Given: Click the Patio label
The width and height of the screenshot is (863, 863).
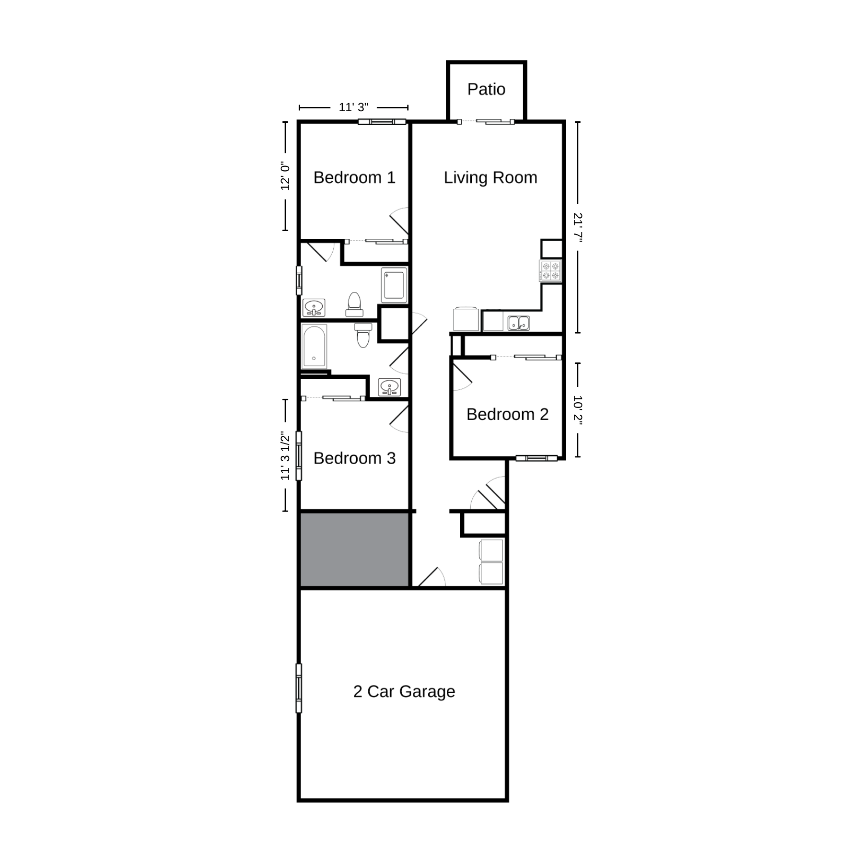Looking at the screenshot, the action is click(x=486, y=89).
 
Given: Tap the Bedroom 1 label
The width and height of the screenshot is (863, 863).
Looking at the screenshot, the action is click(x=354, y=177).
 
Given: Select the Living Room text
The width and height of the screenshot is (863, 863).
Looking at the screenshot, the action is click(x=490, y=177).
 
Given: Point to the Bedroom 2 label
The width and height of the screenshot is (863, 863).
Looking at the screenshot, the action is click(x=507, y=414).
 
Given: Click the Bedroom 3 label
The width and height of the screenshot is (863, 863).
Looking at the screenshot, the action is click(x=354, y=458).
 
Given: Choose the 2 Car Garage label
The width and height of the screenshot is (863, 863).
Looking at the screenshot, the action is click(x=404, y=691).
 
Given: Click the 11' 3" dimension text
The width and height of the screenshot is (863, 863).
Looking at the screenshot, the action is click(x=353, y=107).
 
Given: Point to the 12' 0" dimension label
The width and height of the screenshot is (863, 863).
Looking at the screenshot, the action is click(x=285, y=176).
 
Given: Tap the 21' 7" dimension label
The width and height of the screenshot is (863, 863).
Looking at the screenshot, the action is click(x=578, y=228).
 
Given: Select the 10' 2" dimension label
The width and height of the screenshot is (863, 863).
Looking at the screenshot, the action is click(x=578, y=410).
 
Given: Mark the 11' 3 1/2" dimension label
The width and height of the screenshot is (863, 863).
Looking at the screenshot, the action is click(x=285, y=456).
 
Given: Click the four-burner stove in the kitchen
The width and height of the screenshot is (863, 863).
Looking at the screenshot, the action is click(x=551, y=271).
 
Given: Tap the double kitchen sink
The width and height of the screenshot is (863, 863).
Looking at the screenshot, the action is click(x=519, y=323).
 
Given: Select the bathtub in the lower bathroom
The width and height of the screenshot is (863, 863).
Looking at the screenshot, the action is click(x=314, y=346).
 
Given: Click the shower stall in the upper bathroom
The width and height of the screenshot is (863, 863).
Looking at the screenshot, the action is click(x=394, y=285).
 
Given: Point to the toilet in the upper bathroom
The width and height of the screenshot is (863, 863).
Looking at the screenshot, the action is click(x=354, y=304).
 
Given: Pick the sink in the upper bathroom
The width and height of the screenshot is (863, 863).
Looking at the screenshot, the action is click(x=314, y=307).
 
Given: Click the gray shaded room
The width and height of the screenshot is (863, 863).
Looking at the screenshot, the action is click(x=354, y=549).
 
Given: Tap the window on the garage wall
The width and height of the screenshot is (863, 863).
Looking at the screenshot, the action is click(x=299, y=688).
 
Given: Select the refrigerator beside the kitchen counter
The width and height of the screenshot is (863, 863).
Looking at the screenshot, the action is click(x=466, y=319).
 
